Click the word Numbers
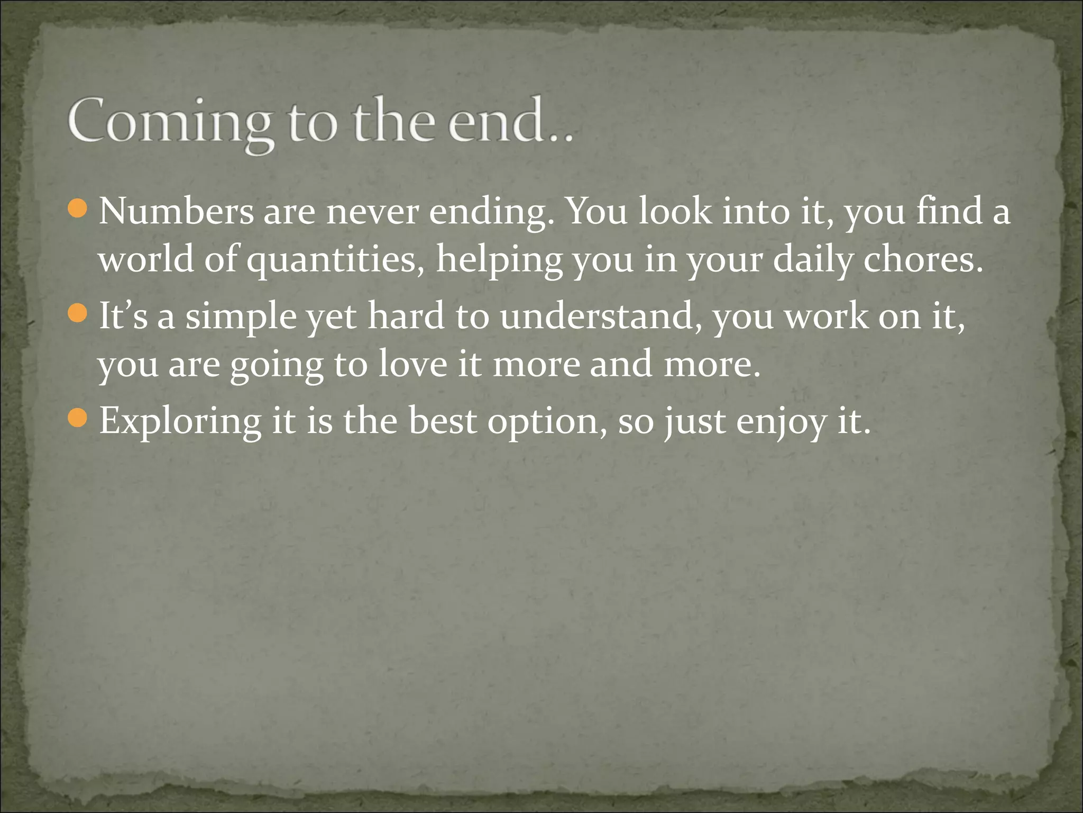pyautogui.click(x=176, y=211)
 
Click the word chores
pyautogui.click(x=923, y=260)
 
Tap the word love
pyautogui.click(x=412, y=365)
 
